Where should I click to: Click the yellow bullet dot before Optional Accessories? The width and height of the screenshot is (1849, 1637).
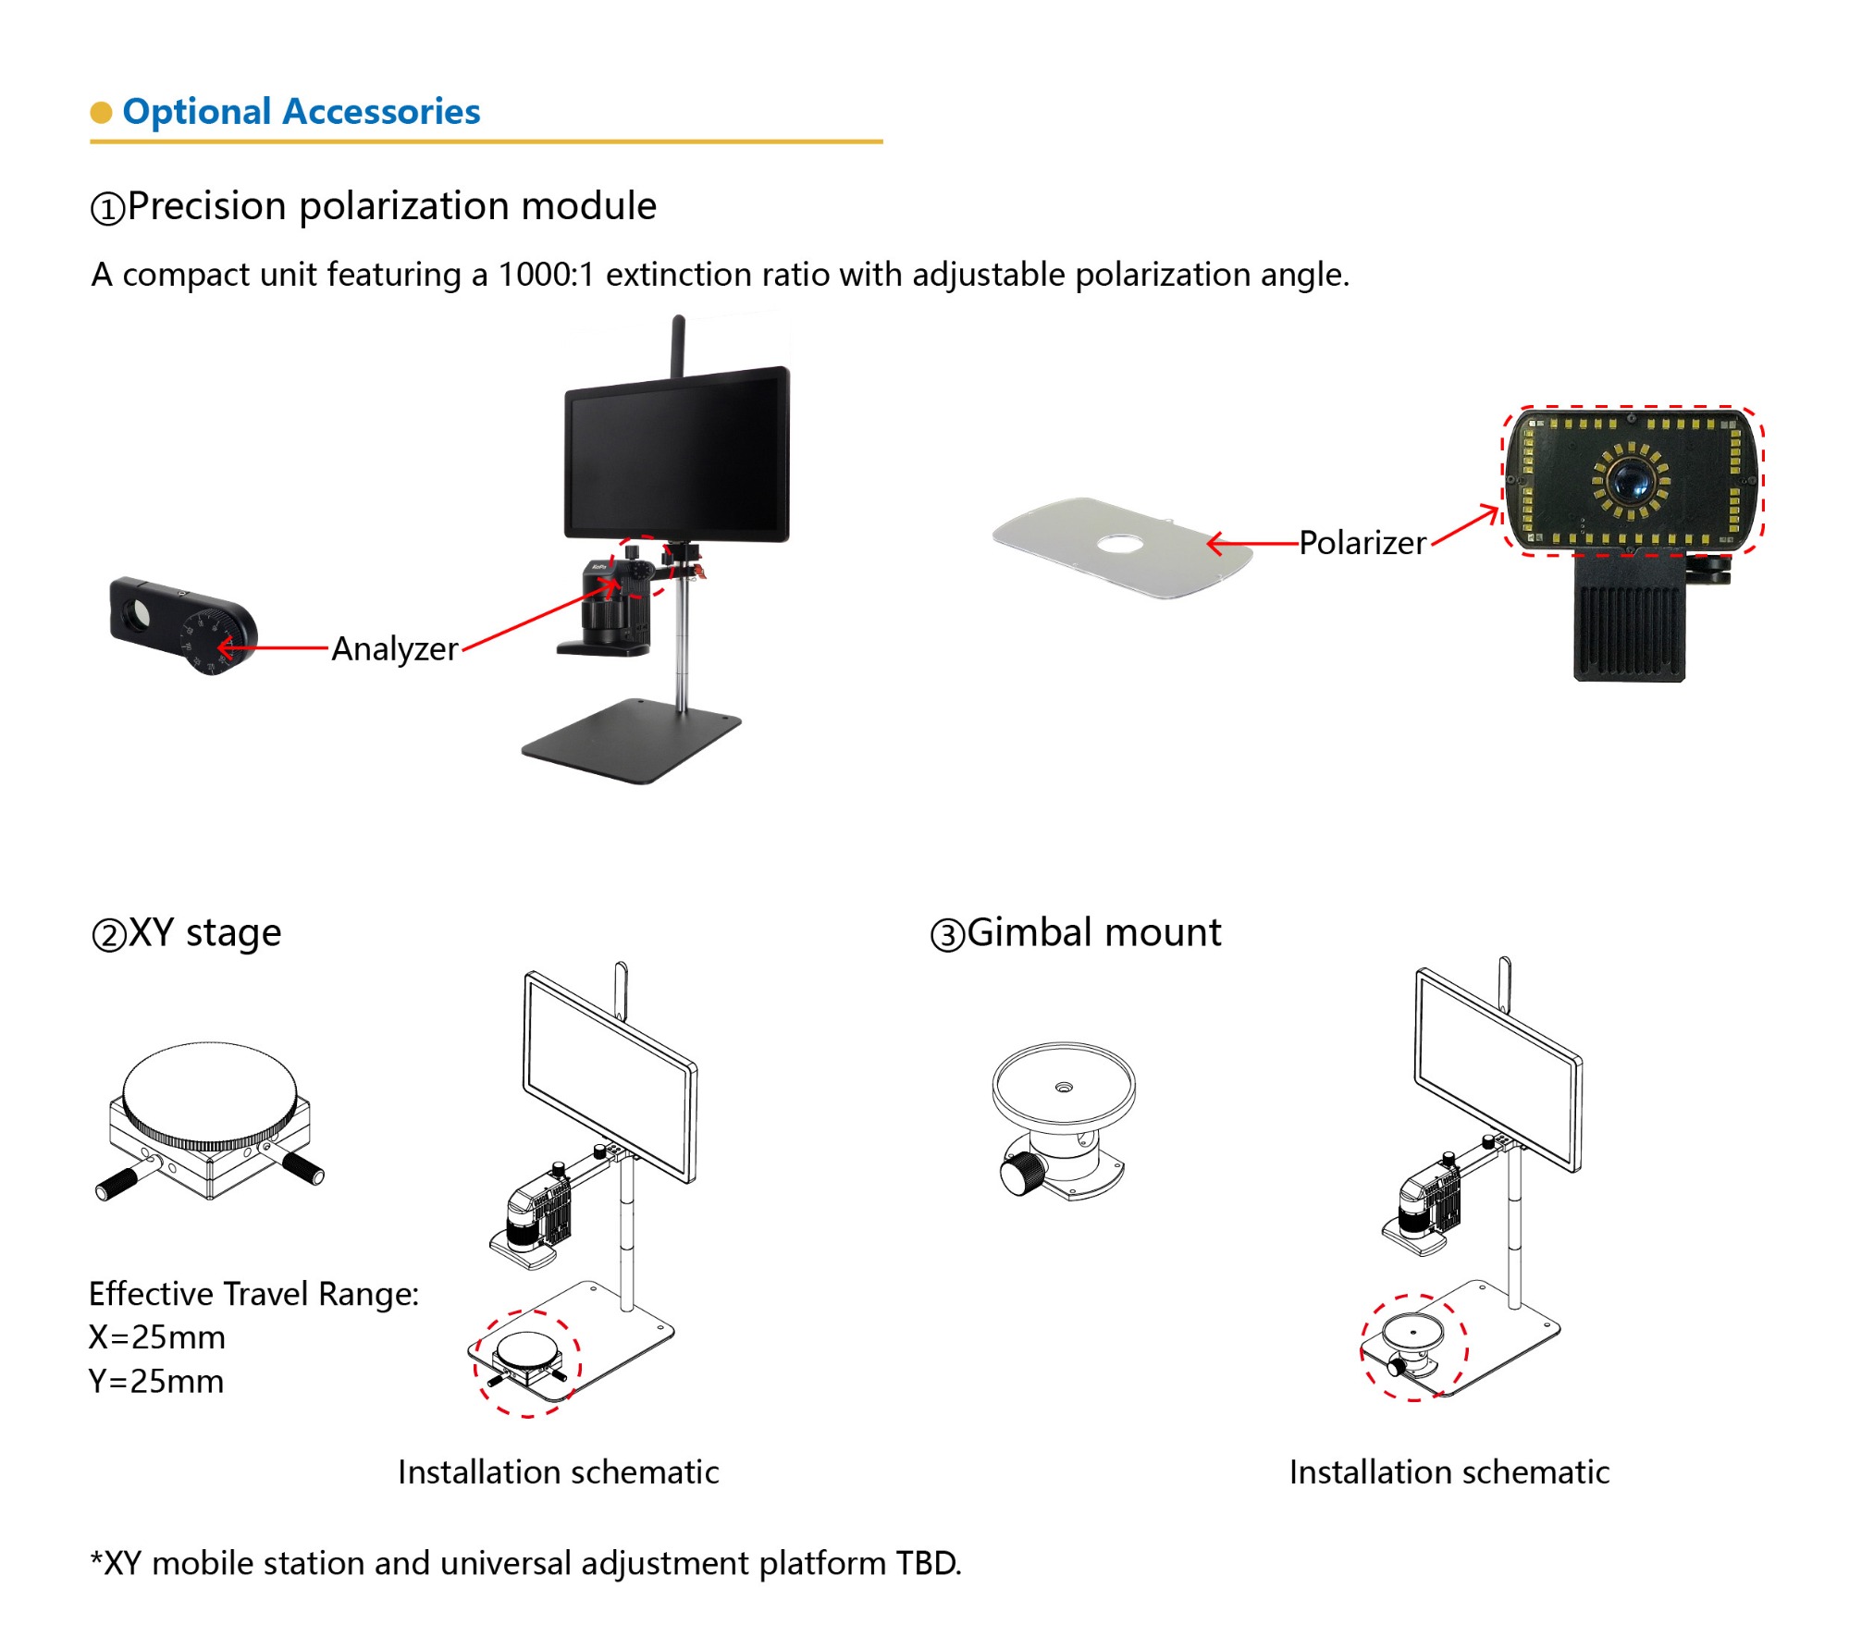(101, 112)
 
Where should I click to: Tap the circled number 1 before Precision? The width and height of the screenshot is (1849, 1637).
(107, 208)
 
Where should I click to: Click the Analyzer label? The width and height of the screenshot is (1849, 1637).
(395, 648)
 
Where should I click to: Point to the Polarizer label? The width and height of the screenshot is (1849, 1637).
(1362, 543)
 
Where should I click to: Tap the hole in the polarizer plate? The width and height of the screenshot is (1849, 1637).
(1119, 544)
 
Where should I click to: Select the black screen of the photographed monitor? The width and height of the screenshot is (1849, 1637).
(677, 455)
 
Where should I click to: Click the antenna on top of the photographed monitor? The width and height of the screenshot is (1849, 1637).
(678, 346)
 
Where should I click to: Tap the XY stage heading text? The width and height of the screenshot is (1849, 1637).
(203, 933)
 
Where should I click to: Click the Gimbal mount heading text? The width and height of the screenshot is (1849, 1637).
(1093, 932)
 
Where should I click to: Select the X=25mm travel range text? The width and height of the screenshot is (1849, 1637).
(157, 1337)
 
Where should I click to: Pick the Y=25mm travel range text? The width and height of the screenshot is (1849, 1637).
(156, 1382)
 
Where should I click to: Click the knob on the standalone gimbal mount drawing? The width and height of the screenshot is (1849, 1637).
(1021, 1175)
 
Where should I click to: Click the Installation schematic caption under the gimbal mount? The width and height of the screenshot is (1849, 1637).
(1448, 1472)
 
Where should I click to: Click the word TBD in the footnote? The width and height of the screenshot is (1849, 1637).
(928, 1563)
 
